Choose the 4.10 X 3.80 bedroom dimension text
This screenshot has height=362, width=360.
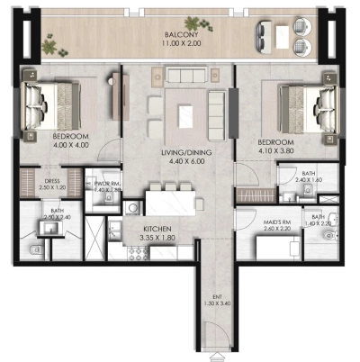[x=276, y=150]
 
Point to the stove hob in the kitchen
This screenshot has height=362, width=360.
[x=140, y=253]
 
